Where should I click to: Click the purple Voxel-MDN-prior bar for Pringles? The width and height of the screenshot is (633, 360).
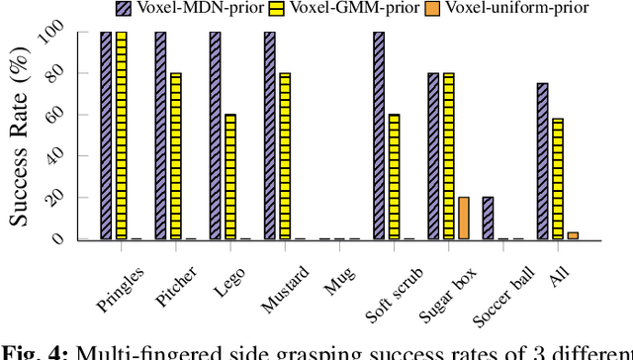106,135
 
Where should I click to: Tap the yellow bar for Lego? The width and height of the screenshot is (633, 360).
230,177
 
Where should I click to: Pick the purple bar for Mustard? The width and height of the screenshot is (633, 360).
269,135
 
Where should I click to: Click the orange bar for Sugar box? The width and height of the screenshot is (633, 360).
463,218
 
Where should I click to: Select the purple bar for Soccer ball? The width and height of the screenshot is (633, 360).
488,218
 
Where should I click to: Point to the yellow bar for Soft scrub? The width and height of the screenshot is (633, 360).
394,177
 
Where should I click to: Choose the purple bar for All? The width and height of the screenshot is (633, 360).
542,161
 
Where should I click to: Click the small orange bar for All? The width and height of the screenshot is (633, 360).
573,235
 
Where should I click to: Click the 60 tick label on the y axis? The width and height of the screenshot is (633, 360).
60,115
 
